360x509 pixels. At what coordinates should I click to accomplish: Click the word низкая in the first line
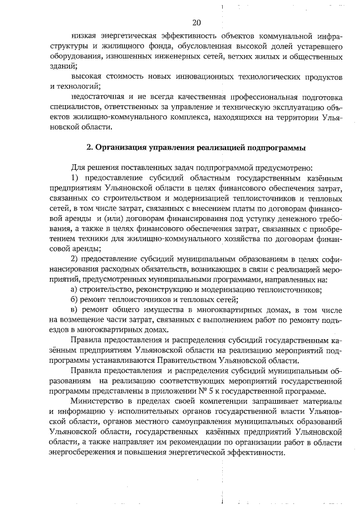pyautogui.click(x=84, y=38)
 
